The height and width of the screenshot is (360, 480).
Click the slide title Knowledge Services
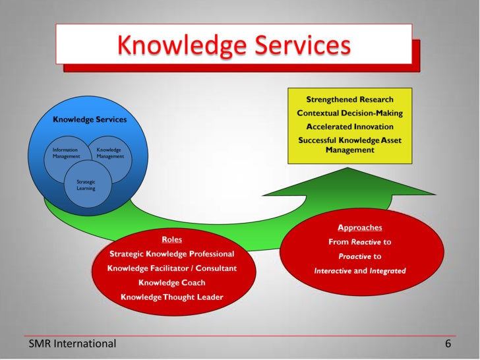tap(233, 45)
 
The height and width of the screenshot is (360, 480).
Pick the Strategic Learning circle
tap(87, 185)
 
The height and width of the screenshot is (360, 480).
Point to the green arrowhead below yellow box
tap(349, 181)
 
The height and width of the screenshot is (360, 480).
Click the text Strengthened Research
tap(349, 100)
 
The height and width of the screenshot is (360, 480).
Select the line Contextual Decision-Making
tap(349, 113)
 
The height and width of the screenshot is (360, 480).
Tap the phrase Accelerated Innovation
tap(349, 126)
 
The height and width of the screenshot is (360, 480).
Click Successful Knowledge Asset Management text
tap(349, 145)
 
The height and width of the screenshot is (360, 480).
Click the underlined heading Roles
tap(171, 239)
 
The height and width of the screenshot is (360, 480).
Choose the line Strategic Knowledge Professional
tap(171, 254)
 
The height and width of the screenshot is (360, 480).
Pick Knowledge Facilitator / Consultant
tap(171, 268)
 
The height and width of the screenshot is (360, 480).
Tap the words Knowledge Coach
tap(171, 283)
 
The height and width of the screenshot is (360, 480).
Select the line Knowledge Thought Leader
tap(171, 297)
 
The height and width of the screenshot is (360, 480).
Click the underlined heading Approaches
tap(359, 227)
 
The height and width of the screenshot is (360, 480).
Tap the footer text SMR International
tap(73, 344)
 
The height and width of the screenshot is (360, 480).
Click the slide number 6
tap(448, 344)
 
